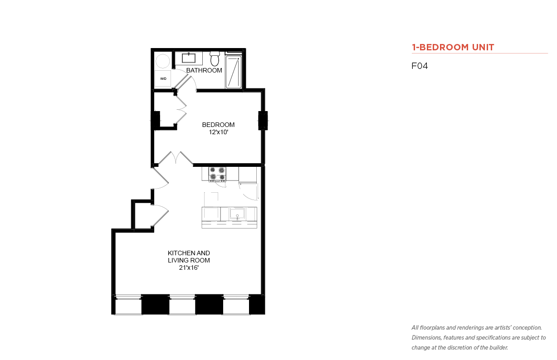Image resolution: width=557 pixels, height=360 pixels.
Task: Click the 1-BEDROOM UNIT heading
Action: tap(453, 47)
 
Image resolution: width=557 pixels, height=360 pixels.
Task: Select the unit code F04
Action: tap(420, 66)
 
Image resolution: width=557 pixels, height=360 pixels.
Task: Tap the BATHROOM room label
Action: tap(204, 70)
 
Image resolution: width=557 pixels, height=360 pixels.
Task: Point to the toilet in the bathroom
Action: tap(215, 58)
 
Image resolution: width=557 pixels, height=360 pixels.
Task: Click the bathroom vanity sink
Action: tap(189, 58)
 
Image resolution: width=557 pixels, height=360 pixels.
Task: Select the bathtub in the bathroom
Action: tap(234, 72)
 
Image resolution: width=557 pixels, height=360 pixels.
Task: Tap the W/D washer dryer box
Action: tap(163, 78)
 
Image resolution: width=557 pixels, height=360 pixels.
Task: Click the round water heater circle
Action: tap(163, 61)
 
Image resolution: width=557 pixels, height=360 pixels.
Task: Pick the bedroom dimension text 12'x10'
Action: tap(218, 132)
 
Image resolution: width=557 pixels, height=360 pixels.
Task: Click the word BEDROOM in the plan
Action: tap(218, 125)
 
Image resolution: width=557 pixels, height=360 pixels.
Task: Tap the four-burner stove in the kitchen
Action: tap(217, 174)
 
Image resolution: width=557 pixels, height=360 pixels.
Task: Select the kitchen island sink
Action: tap(237, 214)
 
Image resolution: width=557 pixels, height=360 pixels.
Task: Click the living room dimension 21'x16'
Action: tap(189, 268)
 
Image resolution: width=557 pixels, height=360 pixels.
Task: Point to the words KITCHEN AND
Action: tap(189, 253)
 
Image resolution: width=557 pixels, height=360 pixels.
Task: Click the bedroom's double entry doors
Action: tap(176, 158)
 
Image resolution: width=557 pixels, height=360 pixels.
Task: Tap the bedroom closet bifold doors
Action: tap(181, 109)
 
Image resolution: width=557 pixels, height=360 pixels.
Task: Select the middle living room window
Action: tap(182, 305)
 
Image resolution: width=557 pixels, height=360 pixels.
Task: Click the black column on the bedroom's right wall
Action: tap(263, 121)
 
